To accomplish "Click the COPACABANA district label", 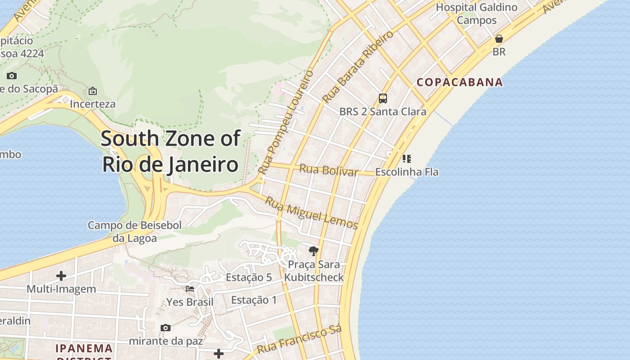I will [459, 82].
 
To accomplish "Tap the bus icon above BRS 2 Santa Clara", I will [383, 98].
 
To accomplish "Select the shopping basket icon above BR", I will [499, 39].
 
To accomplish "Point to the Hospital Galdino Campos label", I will [477, 13].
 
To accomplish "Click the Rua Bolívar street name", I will [329, 170].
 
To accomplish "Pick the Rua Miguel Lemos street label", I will [311, 213].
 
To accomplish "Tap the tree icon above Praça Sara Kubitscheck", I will [314, 251].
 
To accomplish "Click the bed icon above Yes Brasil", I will [190, 288].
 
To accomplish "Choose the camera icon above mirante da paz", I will [166, 328].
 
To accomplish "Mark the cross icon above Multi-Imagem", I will [61, 275].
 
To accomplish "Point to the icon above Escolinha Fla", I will [407, 158].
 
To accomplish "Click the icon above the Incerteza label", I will [93, 91].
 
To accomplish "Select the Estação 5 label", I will [249, 277].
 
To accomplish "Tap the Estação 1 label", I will [254, 300].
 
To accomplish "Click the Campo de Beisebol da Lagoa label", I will [135, 231].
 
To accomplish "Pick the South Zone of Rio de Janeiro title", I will [171, 151].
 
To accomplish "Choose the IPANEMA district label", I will [84, 349].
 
